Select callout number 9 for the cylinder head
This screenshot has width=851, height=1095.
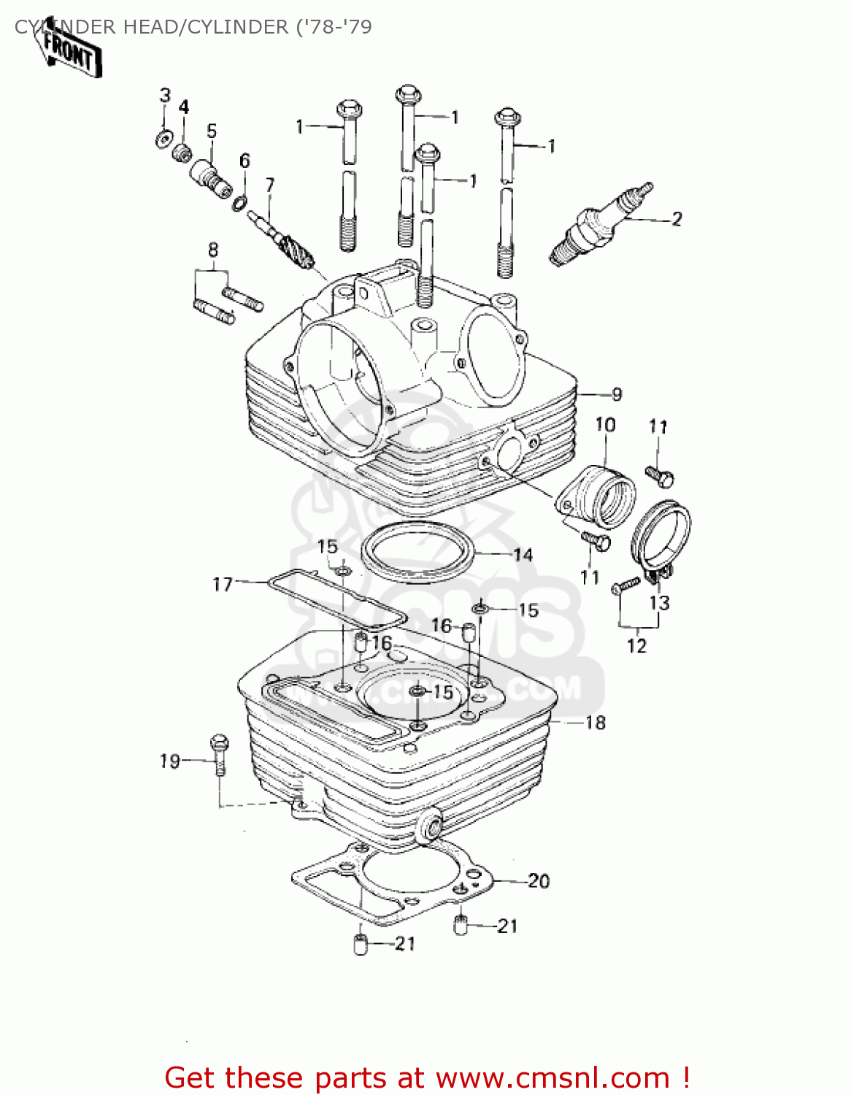coord(617,395)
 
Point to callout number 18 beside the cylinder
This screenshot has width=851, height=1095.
coord(596,723)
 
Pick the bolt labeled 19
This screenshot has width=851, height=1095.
coord(219,752)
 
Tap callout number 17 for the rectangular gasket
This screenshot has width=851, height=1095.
coord(223,584)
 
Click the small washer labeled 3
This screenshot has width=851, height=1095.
coord(165,138)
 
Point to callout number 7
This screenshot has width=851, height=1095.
coord(270,185)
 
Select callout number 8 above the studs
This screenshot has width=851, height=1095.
coord(213,250)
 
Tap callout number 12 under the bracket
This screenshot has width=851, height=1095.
coord(636,645)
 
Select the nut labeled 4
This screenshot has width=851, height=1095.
coord(182,153)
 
